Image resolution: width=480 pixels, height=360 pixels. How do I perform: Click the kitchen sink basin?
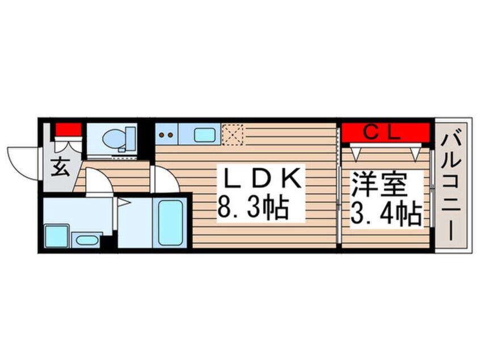pos(204,135)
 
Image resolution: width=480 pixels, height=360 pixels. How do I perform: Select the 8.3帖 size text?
pos(253,210)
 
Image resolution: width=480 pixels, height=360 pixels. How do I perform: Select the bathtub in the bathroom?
pos(171,223)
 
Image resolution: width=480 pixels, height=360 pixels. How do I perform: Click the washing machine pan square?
pos(56,236)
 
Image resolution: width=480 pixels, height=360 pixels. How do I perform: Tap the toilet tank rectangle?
pos(129,138)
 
